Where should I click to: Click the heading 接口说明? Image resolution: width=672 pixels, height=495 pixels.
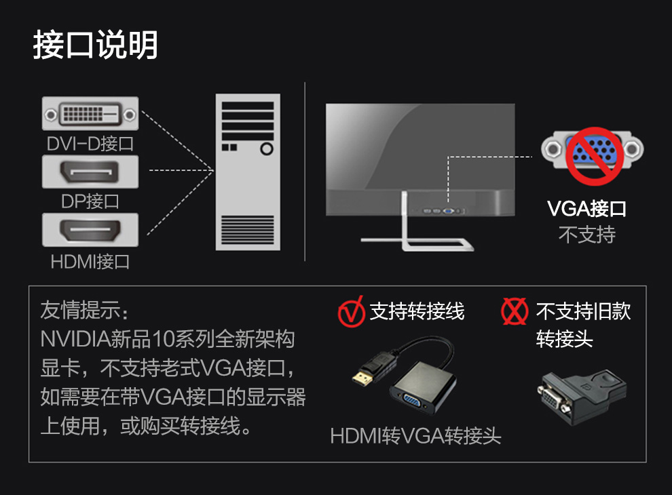coord(96,45)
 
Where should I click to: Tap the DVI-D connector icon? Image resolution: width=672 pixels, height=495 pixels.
coord(90,113)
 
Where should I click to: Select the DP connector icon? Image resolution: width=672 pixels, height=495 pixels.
coord(90,172)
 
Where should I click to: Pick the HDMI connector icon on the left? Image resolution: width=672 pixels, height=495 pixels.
coord(90,230)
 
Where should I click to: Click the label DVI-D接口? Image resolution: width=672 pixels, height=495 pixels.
coord(90,144)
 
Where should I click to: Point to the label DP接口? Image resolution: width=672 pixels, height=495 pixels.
coord(90,201)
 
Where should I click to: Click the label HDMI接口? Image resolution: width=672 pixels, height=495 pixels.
coord(90,262)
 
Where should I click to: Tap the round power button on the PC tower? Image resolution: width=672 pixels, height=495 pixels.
coord(267,149)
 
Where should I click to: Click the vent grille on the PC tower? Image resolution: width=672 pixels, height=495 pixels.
coord(248,230)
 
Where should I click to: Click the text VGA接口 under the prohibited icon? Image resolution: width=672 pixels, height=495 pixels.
coord(586,209)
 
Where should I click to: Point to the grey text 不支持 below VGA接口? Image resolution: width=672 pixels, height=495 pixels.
coord(587,235)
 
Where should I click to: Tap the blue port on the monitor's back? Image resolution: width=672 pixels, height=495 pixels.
coord(449,211)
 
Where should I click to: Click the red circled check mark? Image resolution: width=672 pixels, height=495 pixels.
coord(351,312)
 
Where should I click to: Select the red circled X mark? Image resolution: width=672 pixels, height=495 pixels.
coord(515,311)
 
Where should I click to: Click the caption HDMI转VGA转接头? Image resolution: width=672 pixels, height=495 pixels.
coord(415,436)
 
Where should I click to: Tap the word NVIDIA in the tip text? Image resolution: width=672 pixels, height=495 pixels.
coord(75,339)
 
